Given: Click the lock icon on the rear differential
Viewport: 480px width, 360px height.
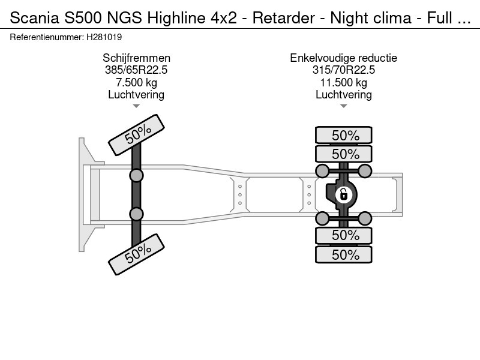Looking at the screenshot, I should pos(344,194).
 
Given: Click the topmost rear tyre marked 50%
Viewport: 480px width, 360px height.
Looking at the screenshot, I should pos(344,135).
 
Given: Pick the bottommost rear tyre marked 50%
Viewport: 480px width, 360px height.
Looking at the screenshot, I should pos(344,254).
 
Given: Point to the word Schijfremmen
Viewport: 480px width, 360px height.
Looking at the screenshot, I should pos(136,58).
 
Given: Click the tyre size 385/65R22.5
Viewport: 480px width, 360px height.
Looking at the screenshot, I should pos(136,70).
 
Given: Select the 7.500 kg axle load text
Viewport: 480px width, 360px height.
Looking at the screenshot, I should pos(136,82).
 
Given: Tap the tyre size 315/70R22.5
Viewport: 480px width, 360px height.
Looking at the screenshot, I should pos(344,70).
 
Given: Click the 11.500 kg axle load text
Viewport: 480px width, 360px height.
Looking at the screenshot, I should pos(344,82).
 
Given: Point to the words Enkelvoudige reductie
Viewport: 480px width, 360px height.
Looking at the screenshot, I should pos(344,58).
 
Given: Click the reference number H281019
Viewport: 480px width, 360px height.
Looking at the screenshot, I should pos(105,37).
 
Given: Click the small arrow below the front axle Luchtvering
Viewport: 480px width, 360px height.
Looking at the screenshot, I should pos(136,106).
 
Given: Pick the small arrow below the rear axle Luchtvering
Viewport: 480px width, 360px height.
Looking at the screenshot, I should pos(344,106).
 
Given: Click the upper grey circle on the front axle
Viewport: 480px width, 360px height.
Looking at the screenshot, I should pos(136,175).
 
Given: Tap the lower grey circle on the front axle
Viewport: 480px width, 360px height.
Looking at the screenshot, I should pos(136,214).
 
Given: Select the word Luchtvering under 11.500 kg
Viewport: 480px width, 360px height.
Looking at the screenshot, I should pos(344,94).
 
